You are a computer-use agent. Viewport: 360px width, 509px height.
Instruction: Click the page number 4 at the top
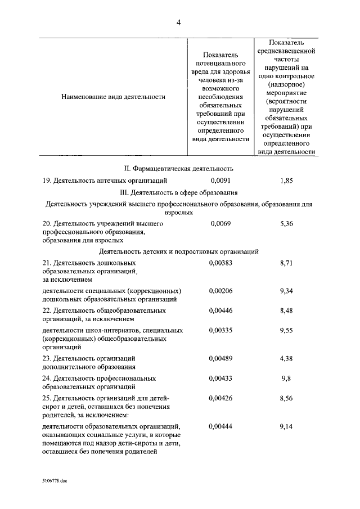click(x=179, y=23)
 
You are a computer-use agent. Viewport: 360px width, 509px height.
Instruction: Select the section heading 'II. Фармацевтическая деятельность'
click(x=178, y=168)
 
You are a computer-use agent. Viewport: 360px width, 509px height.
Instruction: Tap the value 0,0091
click(x=220, y=181)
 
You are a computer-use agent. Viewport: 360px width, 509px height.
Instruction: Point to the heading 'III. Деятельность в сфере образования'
click(x=178, y=192)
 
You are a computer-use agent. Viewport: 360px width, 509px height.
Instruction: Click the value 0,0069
click(x=220, y=224)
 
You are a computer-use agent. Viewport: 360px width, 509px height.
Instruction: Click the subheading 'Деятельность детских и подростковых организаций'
click(x=178, y=251)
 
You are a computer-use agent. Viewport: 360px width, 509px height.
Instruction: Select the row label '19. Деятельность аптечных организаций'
click(x=105, y=181)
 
